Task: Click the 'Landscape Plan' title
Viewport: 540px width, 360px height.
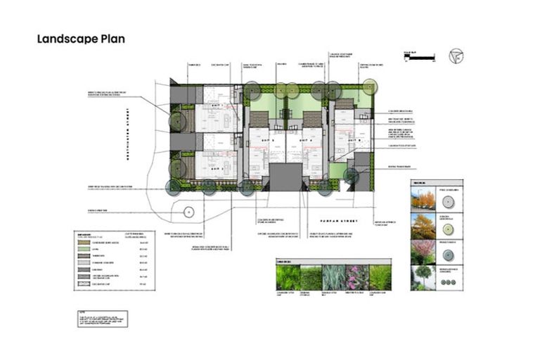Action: tap(81, 39)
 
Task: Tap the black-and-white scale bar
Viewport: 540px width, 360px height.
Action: tap(422, 57)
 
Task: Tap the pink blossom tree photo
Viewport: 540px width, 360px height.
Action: tap(423, 252)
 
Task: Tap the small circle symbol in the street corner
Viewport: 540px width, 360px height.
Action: tap(187, 211)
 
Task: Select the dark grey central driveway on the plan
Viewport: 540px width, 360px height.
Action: tap(285, 176)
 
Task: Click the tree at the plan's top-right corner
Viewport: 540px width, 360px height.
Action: tap(368, 89)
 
